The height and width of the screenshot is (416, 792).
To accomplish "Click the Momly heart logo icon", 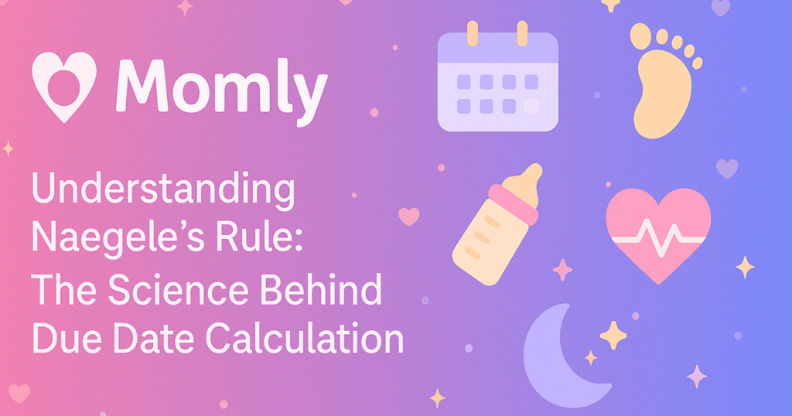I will (64, 84).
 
